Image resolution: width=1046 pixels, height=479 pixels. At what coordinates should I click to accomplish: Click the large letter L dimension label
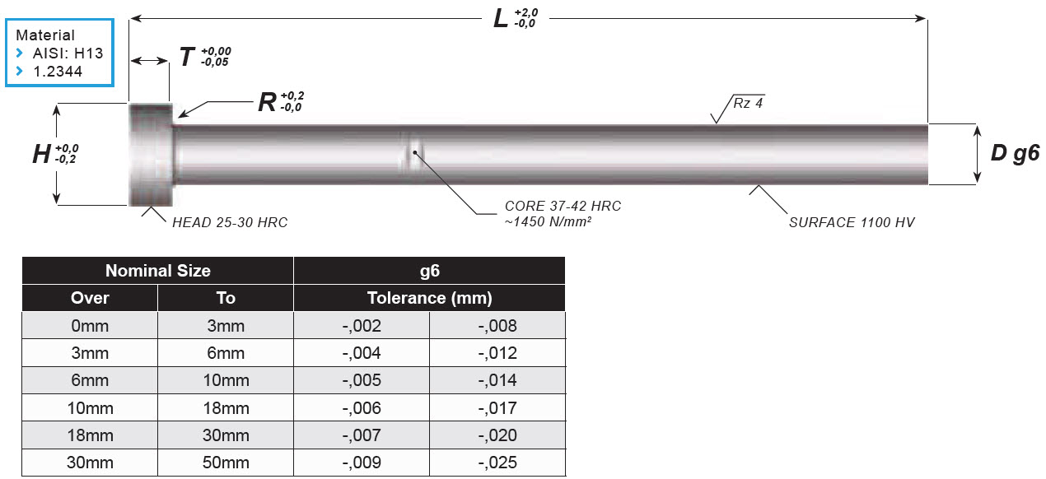click(501, 18)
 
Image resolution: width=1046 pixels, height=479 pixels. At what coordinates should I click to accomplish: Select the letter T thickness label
click(187, 58)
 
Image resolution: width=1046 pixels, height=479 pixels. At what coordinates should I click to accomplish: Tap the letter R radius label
click(266, 102)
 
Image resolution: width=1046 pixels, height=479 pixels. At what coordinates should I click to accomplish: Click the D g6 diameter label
click(1015, 153)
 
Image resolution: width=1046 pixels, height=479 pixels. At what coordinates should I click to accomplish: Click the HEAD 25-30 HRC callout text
click(230, 222)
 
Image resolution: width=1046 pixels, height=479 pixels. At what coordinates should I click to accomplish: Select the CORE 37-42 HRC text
click(563, 206)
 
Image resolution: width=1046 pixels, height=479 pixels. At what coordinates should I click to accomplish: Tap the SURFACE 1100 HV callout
click(852, 222)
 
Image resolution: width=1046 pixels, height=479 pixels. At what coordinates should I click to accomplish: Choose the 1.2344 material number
click(58, 72)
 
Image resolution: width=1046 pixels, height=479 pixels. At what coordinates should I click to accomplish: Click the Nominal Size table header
click(157, 271)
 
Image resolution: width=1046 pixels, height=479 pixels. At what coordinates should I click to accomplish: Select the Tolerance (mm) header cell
click(429, 298)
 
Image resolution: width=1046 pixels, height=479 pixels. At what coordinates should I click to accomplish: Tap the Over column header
click(90, 298)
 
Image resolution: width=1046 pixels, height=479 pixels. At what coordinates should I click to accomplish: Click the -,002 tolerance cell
click(362, 326)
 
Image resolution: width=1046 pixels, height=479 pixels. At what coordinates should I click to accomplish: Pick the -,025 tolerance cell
click(497, 463)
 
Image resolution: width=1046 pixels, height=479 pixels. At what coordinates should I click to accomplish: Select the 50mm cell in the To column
click(225, 463)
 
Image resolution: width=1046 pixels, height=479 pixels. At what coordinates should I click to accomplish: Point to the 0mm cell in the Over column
click(90, 326)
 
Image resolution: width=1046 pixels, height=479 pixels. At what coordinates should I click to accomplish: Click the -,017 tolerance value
click(497, 408)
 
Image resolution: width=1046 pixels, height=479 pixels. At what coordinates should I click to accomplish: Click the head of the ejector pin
click(150, 155)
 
